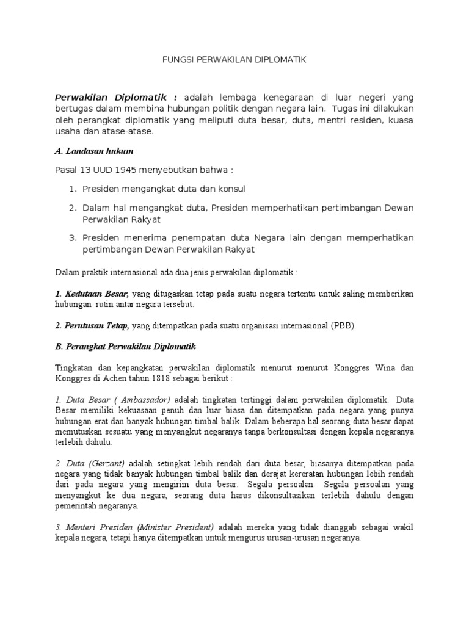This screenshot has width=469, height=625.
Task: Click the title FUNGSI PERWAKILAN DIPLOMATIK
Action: [x=234, y=60]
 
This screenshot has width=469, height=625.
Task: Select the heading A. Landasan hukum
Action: [x=94, y=150]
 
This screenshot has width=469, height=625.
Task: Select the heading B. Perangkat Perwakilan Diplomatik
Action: [x=125, y=346]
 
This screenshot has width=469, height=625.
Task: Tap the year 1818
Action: [x=157, y=378]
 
